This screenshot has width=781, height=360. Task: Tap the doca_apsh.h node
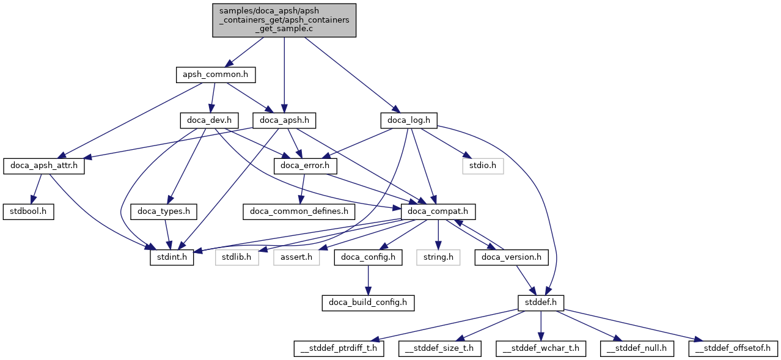[x=284, y=120]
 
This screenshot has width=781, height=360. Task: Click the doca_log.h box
[x=409, y=120]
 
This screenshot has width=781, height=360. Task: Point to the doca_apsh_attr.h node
[x=44, y=166]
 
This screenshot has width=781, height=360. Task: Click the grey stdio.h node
[x=483, y=166]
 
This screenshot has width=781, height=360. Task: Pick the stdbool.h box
[x=29, y=212]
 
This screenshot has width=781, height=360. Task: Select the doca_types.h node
[x=164, y=212]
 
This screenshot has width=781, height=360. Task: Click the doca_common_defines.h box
[x=299, y=212]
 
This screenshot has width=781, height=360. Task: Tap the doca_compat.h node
[x=438, y=212]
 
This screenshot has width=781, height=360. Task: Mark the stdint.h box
[x=172, y=257]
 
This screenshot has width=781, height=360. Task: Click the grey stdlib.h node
[x=236, y=257]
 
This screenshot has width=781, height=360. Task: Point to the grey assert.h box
[x=296, y=257]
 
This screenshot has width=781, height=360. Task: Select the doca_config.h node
[x=368, y=257]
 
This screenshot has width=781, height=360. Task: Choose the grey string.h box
[x=438, y=257]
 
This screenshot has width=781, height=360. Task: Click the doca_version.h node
[x=512, y=257]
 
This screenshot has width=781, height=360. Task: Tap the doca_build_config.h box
[x=368, y=303]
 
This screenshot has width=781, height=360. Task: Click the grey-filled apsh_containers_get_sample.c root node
[x=284, y=20]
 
